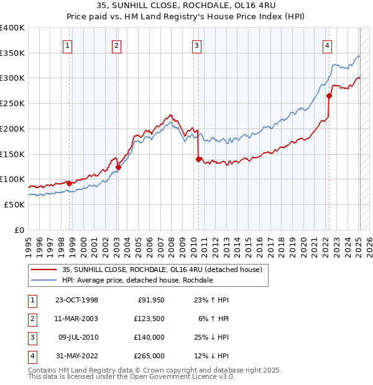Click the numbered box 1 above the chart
pos(67,44)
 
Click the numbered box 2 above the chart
pos(117,44)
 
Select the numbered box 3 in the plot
pos(196,44)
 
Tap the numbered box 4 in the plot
pos(327,44)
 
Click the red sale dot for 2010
pos(198,159)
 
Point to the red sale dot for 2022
pos(329,96)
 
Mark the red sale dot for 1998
pos(69,183)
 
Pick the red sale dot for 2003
pos(118,167)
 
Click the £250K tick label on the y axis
pos(12,104)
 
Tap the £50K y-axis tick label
pos(15,204)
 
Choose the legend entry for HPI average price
pos(137,280)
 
